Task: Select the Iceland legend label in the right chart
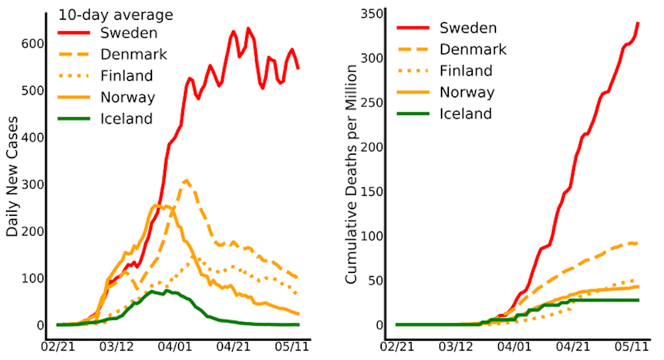[465, 114]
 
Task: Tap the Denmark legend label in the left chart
[131, 54]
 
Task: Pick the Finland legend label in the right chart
[466, 71]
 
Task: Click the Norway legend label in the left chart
[127, 98]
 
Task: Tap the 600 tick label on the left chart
[37, 43]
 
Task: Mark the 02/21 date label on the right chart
[398, 347]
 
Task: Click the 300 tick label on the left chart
[37, 184]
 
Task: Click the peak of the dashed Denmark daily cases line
[187, 180]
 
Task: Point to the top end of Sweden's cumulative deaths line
[637, 23]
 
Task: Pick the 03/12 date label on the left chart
[118, 347]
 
